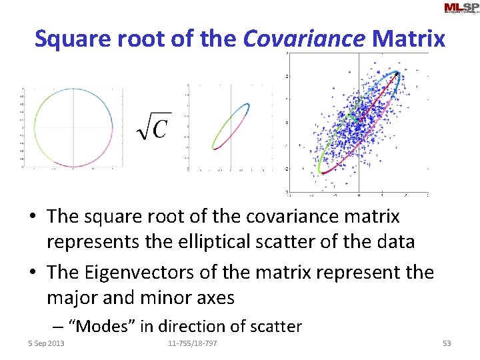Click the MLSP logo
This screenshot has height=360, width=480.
point(461,8)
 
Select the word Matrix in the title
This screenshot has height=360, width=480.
point(409,39)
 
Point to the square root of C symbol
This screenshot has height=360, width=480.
point(153,126)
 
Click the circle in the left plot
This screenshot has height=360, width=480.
point(35,127)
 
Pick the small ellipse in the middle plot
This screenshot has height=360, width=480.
point(231,125)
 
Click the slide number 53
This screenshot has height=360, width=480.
point(447,343)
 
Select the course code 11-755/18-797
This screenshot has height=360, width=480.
point(192,343)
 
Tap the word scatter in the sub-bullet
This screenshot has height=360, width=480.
point(275,327)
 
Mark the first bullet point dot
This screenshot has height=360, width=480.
point(32,217)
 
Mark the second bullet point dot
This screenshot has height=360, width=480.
point(32,273)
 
